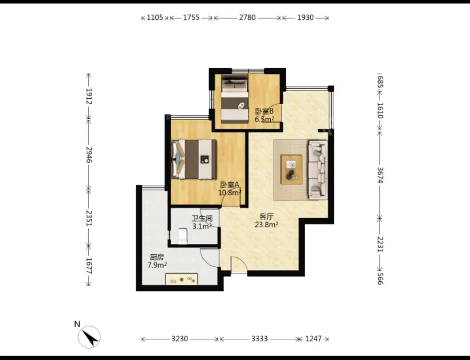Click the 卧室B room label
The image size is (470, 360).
(264, 111)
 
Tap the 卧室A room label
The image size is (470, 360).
(230, 185)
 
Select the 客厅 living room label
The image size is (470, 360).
(266, 217)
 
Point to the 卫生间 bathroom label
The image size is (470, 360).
(202, 219)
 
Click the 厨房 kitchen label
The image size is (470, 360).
(157, 257)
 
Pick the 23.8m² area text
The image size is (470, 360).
(266, 224)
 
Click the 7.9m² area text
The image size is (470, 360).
(157, 265)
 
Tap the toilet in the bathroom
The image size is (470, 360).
(182, 237)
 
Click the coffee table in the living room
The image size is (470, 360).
(291, 169)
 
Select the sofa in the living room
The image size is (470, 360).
(318, 170)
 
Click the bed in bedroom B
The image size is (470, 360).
(235, 99)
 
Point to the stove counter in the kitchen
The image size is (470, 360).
(181, 279)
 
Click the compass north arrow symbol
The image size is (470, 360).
(89, 337)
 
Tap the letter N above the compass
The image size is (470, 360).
(77, 324)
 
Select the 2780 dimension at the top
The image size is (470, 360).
(247, 17)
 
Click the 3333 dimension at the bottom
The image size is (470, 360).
(259, 339)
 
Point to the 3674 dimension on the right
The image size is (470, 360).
(380, 175)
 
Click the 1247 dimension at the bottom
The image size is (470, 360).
(313, 339)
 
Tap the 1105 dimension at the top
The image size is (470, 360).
(154, 17)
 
